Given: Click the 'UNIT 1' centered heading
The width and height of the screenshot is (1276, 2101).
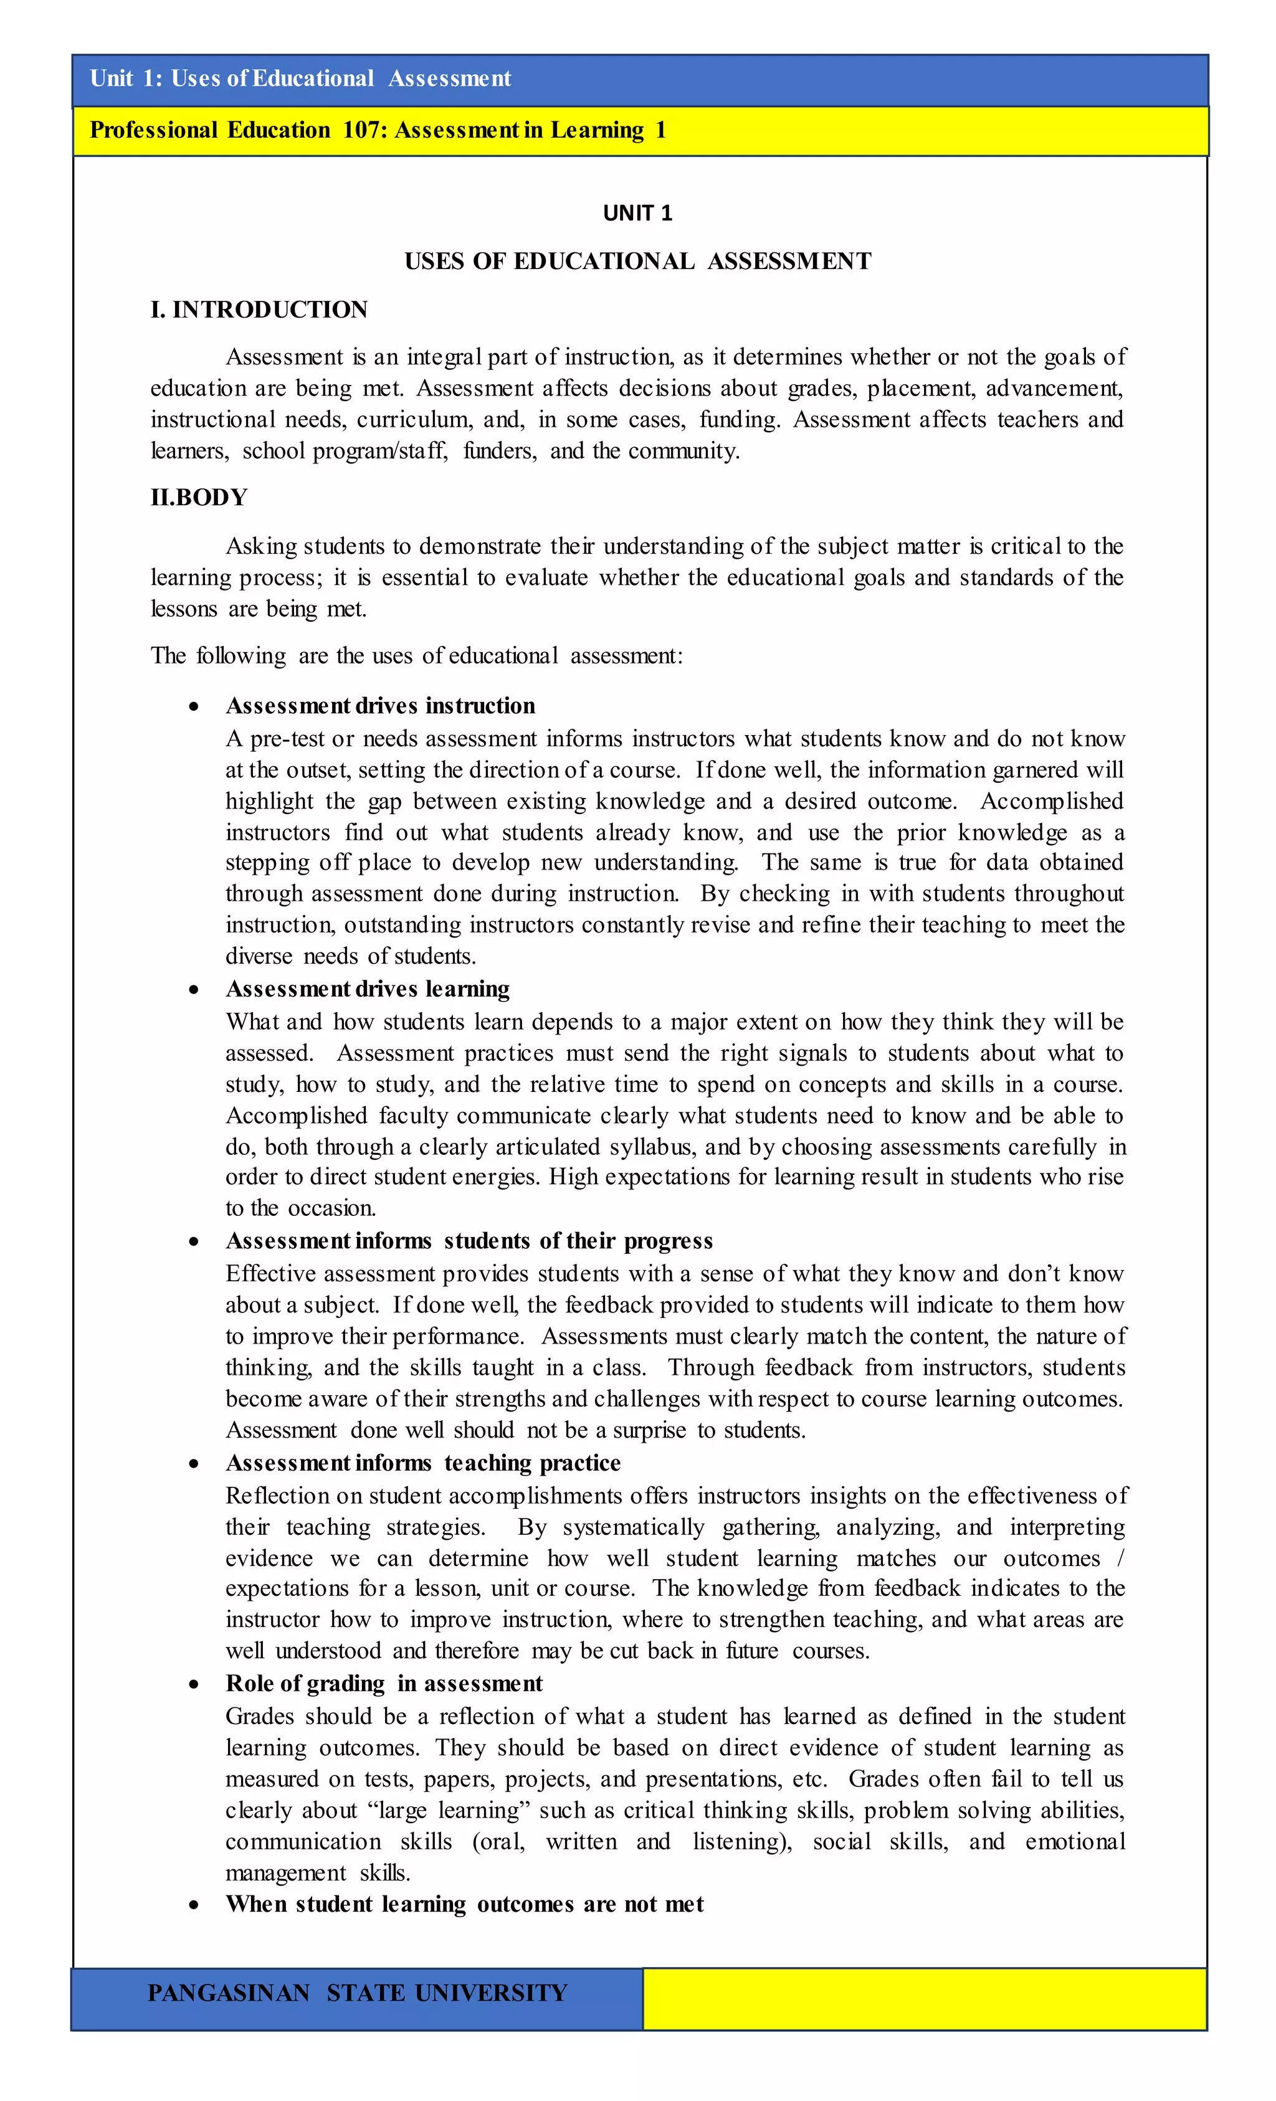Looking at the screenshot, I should (x=637, y=213).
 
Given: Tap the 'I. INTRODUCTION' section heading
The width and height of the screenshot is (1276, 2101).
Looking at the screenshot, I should (x=259, y=310).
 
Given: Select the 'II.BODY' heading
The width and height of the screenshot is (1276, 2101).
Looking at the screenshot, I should (x=199, y=497).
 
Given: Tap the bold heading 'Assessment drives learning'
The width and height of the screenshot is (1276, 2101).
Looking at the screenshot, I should (x=367, y=989).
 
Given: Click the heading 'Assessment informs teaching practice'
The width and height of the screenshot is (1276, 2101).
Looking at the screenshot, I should (x=422, y=1463).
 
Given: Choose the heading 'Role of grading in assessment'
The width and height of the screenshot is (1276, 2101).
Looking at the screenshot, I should (x=383, y=1684).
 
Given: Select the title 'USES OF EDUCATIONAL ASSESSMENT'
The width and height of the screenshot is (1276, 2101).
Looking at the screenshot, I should (x=637, y=262).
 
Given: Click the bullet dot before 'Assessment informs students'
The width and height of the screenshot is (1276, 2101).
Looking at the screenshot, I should (x=194, y=1243).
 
